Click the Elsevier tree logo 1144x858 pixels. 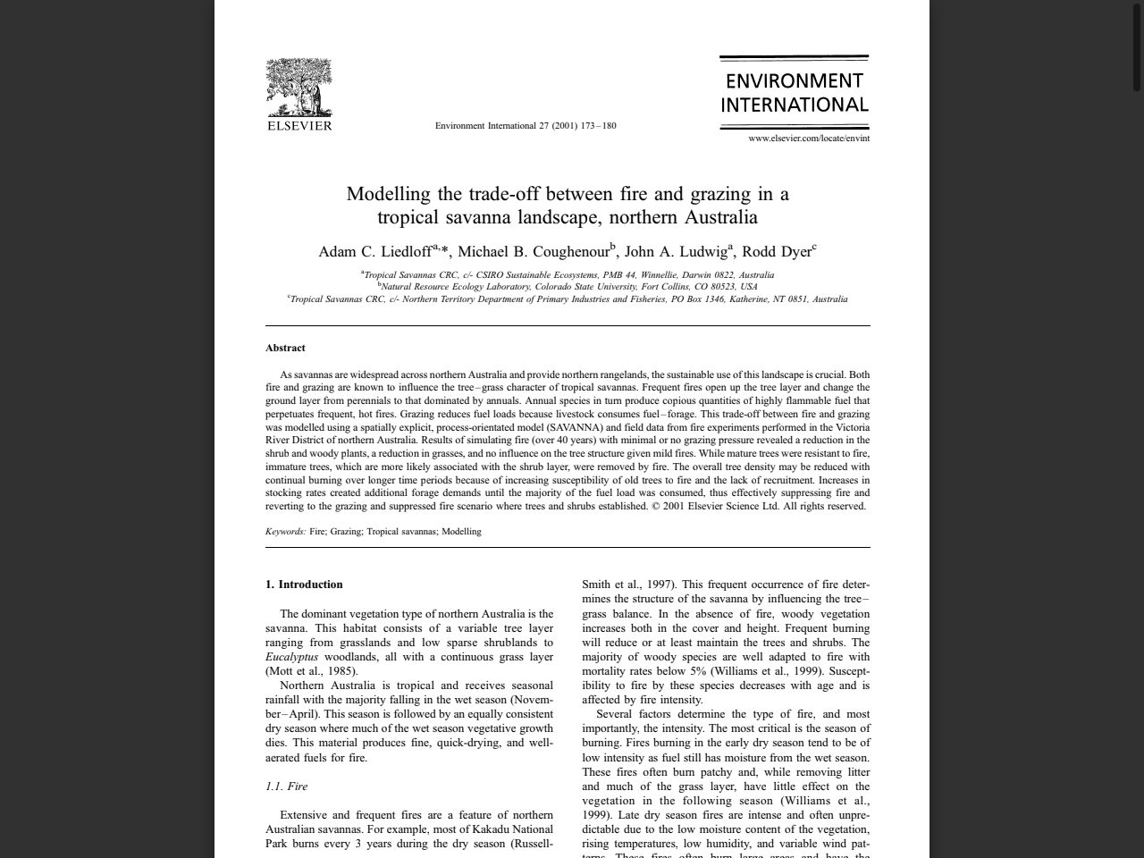click(299, 88)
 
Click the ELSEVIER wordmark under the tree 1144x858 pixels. click(299, 126)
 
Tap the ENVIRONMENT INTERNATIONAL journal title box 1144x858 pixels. click(794, 93)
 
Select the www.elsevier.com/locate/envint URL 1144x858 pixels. click(809, 139)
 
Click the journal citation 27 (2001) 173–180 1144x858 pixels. click(526, 126)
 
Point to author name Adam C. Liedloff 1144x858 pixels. click(374, 252)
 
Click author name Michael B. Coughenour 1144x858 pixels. click(534, 252)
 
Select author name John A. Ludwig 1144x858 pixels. click(675, 252)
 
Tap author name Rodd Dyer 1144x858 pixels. click(776, 252)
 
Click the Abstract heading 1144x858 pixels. click(285, 348)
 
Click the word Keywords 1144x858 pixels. click(285, 532)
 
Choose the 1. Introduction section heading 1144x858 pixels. click(304, 585)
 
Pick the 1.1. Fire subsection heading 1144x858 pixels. click(286, 786)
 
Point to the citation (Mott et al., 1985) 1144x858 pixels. click(311, 671)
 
